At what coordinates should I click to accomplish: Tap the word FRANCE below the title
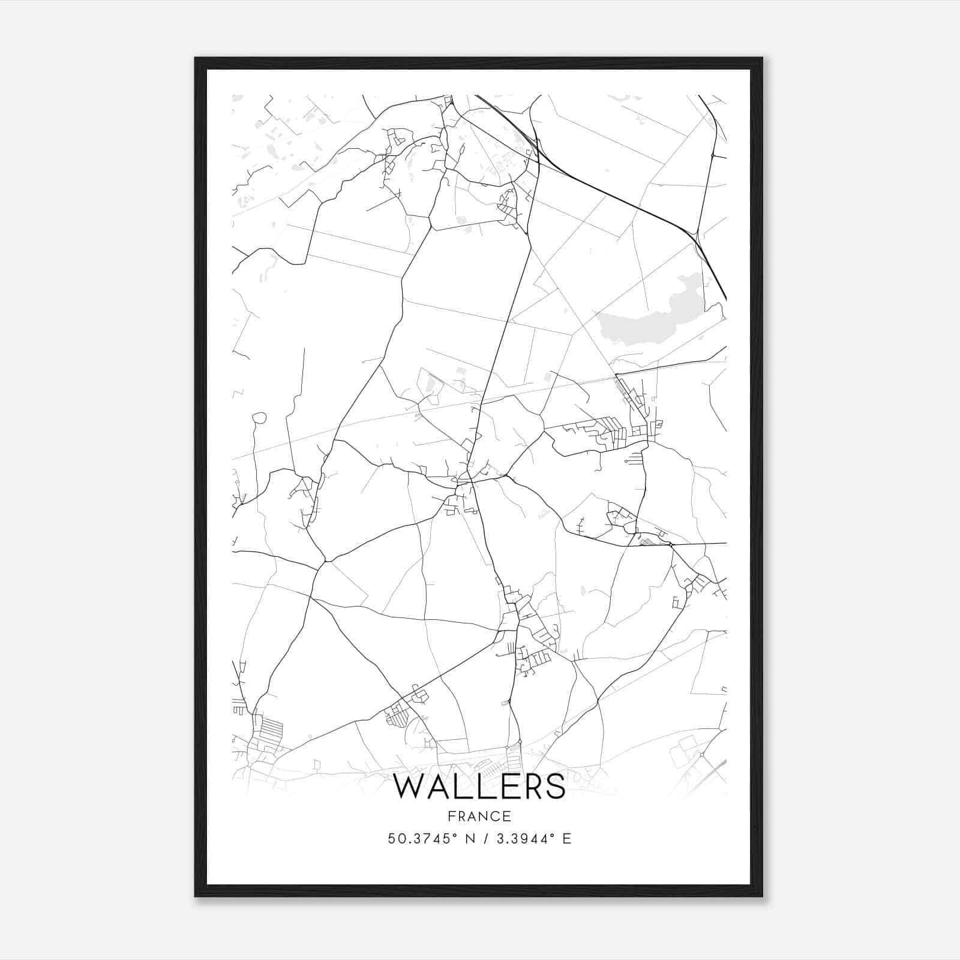[479, 816]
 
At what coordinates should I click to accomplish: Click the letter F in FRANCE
[451, 816]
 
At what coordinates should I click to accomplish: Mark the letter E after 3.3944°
[567, 839]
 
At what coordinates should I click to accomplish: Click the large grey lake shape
[648, 321]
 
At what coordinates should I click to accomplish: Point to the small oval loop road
[259, 418]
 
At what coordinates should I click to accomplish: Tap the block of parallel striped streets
[272, 730]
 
